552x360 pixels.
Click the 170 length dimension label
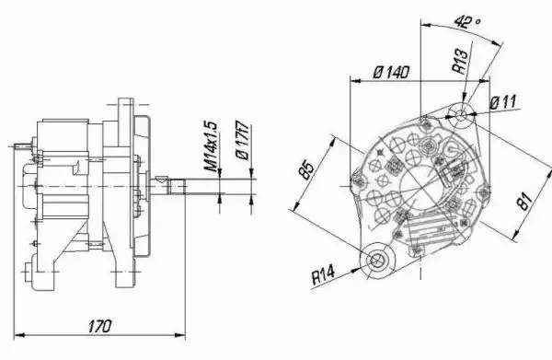pos(100,326)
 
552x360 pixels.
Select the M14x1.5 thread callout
pos(212,146)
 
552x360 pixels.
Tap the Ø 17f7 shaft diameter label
pos(243,140)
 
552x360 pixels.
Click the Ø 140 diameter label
pos(391,72)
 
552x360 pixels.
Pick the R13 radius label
pos(461,62)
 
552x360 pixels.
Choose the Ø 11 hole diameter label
pos(503,102)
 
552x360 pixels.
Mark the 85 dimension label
pos(305,169)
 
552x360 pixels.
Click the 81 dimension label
pos(524,202)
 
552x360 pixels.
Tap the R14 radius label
pos(323,275)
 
